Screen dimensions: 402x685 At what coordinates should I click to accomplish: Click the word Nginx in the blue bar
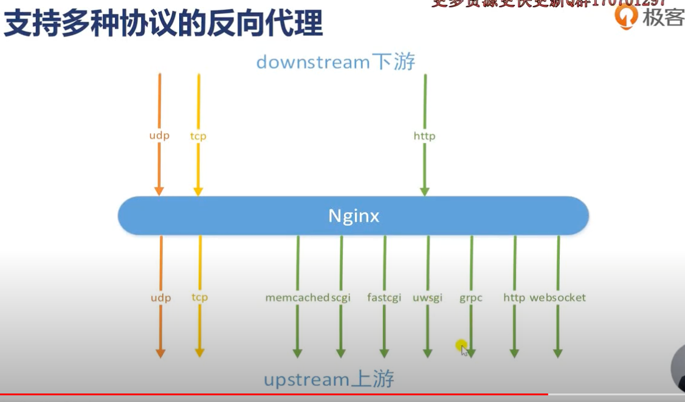(354, 216)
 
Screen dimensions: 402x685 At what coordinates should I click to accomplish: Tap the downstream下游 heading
(336, 61)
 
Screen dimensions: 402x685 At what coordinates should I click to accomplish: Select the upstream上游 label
(329, 379)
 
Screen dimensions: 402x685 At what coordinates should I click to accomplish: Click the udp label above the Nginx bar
(159, 136)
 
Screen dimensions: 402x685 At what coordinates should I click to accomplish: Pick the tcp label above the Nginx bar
(198, 136)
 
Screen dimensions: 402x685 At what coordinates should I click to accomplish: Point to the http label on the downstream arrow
(424, 136)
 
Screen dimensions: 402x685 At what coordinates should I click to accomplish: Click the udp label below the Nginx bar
(160, 297)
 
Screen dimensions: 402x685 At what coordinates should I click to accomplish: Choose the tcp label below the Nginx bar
(199, 297)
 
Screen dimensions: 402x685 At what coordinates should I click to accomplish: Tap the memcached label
(297, 297)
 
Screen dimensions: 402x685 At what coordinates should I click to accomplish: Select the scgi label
(341, 297)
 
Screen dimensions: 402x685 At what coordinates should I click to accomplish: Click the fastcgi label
(384, 297)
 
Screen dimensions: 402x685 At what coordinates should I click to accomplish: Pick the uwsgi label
(427, 297)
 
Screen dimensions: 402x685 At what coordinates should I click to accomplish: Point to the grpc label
(471, 298)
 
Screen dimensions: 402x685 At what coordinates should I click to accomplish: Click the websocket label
(558, 297)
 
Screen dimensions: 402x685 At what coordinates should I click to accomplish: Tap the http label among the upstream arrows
(514, 297)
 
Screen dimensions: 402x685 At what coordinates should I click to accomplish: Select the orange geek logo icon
(626, 17)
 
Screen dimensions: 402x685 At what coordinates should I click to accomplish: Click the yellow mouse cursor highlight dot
(461, 345)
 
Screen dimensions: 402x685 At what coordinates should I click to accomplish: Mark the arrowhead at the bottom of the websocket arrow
(558, 353)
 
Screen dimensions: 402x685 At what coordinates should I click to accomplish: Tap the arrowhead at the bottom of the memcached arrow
(297, 353)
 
